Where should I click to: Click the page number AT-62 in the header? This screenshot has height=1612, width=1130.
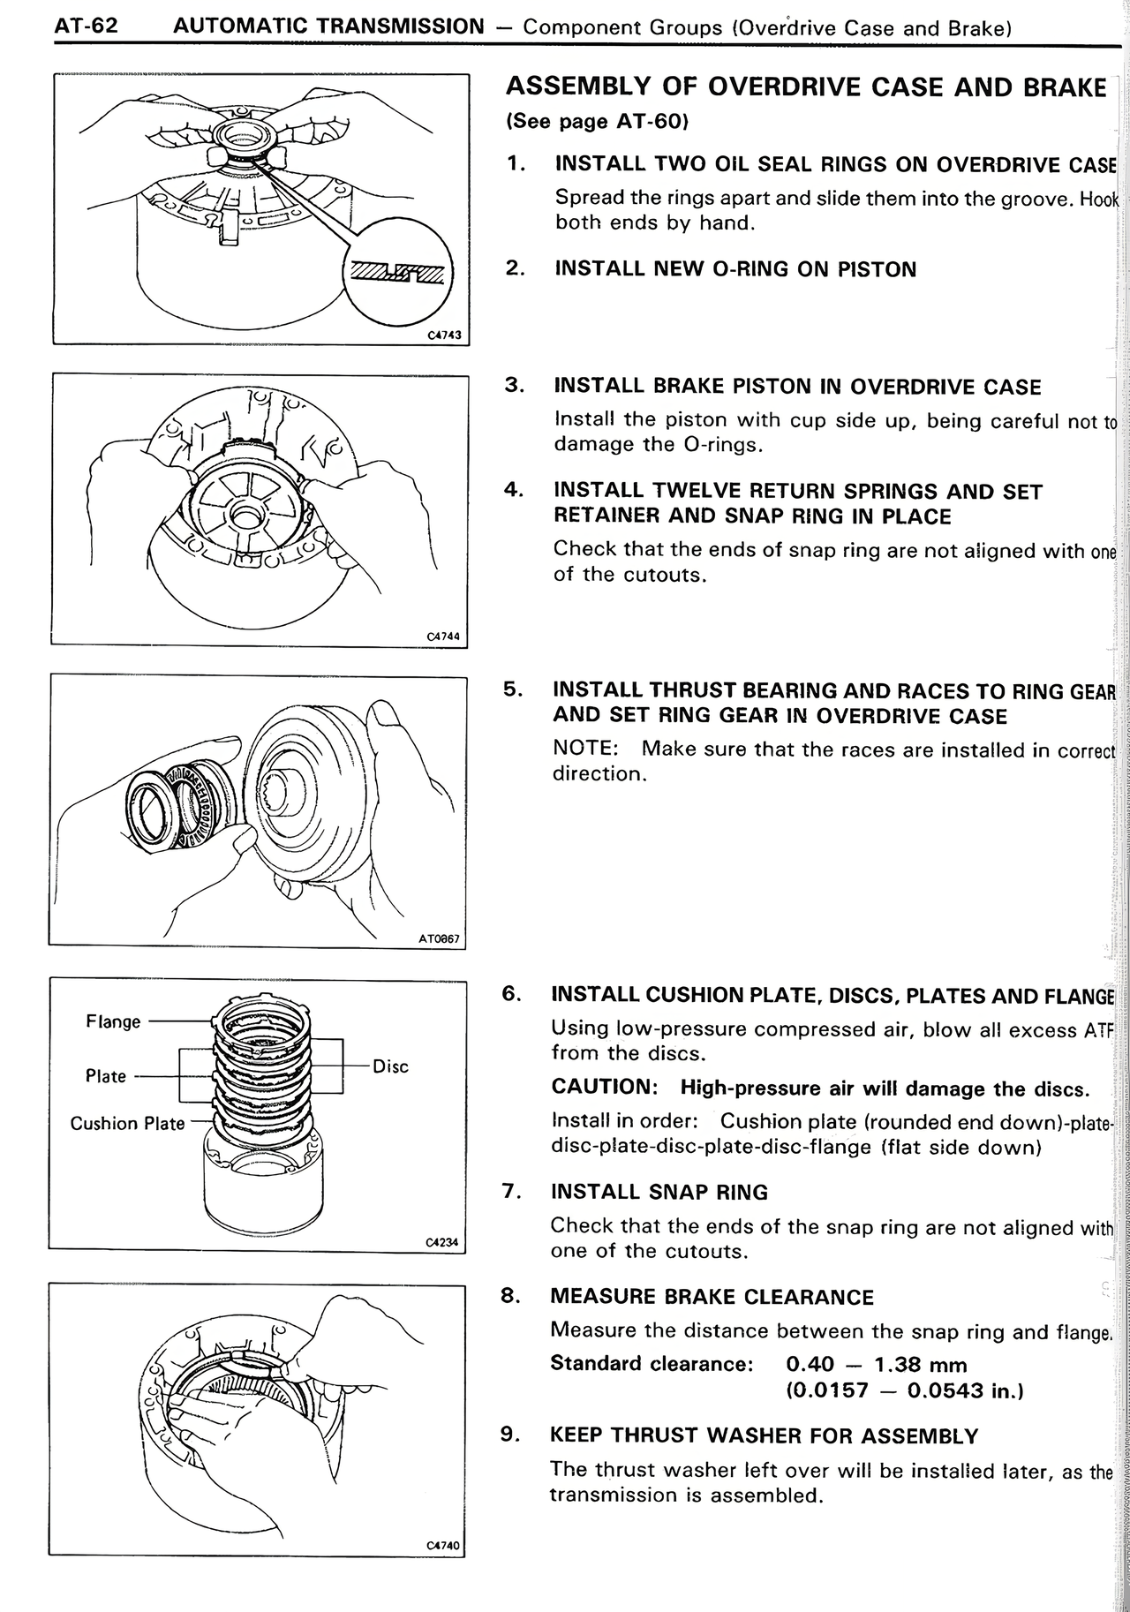tap(86, 26)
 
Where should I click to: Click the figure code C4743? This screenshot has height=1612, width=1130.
tap(445, 335)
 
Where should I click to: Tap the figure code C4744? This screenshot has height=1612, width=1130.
tap(443, 637)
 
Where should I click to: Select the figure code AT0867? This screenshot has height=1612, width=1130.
tap(440, 939)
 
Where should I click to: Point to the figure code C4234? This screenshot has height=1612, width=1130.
tap(442, 1242)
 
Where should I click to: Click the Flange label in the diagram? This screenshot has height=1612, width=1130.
tap(113, 1021)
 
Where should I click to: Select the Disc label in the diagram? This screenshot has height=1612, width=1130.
tap(390, 1066)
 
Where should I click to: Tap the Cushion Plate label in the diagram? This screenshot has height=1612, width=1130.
tap(127, 1124)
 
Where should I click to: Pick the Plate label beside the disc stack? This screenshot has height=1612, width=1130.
tap(105, 1076)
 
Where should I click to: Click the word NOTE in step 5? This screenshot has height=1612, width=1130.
tap(584, 749)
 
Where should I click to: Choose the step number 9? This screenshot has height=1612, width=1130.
tap(510, 1435)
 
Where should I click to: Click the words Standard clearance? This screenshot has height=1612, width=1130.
tap(651, 1364)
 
